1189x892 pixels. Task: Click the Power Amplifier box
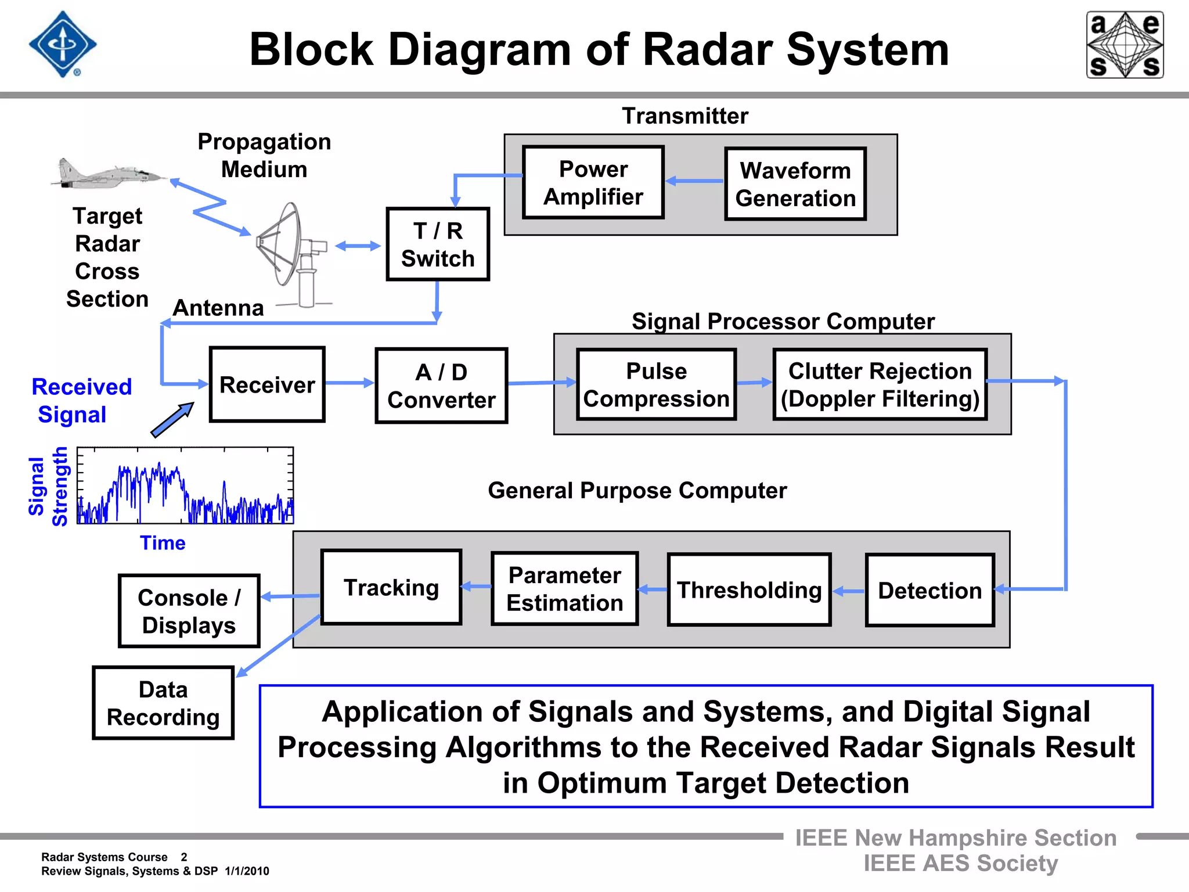click(593, 182)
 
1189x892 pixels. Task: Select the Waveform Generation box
click(795, 184)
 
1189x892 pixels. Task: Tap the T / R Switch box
click(438, 244)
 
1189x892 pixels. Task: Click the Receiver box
click(267, 384)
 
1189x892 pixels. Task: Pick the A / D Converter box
click(441, 386)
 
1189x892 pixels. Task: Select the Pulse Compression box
click(656, 384)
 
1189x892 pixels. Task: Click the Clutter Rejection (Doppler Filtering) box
click(880, 384)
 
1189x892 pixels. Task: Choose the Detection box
click(929, 590)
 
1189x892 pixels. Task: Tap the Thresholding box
click(749, 589)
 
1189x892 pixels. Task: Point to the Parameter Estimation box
click(564, 589)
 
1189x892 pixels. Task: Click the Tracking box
click(391, 587)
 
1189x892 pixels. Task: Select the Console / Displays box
click(189, 611)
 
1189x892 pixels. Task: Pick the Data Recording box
click(163, 703)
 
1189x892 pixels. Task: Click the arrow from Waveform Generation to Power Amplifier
click(694, 181)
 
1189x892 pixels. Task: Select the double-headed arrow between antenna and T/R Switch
click(358, 246)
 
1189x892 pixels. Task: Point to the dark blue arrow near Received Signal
click(172, 420)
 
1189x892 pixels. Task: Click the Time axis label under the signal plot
click(163, 543)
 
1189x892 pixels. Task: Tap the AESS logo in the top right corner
click(1125, 45)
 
